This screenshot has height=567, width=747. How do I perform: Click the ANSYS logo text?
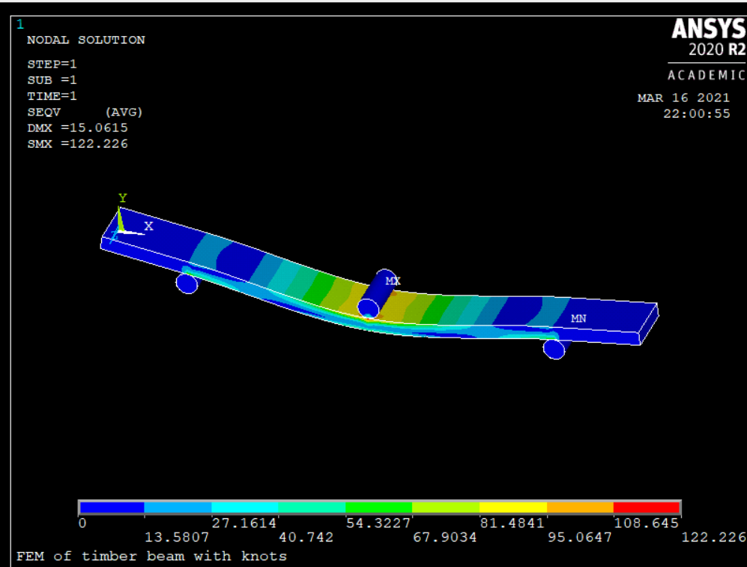click(x=709, y=28)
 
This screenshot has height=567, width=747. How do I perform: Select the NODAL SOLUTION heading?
click(x=85, y=40)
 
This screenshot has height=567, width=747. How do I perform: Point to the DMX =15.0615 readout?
click(x=78, y=127)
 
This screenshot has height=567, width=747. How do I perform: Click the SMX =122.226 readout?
click(x=78, y=143)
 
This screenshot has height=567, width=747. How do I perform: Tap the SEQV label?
click(x=43, y=112)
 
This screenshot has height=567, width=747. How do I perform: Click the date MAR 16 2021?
click(x=683, y=97)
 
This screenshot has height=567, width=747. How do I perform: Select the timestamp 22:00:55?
click(x=697, y=113)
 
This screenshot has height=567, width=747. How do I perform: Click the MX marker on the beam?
click(x=393, y=281)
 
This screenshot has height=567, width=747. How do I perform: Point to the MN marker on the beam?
click(x=578, y=318)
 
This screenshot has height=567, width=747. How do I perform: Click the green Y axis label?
click(x=122, y=198)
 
